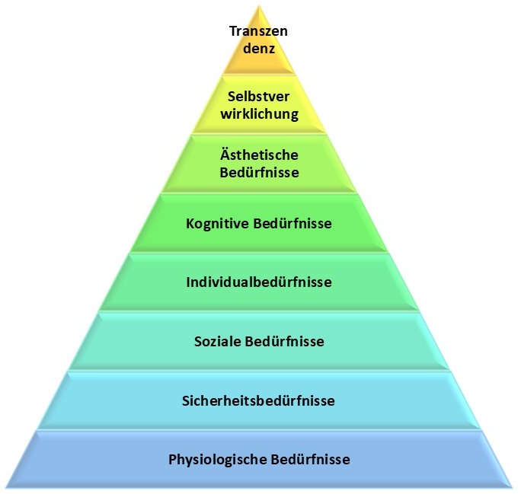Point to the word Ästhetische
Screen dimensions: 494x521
coord(259,156)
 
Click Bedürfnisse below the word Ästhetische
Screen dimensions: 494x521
coord(259,172)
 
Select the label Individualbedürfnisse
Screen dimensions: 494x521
coord(259,282)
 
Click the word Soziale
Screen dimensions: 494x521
coord(219,341)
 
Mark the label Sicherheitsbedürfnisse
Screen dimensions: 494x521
coord(259,400)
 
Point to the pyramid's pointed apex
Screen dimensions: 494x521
coord(259,6)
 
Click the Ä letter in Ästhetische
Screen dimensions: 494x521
coord(223,155)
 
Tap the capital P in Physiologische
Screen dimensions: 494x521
coord(172,459)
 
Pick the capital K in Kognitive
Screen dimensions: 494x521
coord(190,224)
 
